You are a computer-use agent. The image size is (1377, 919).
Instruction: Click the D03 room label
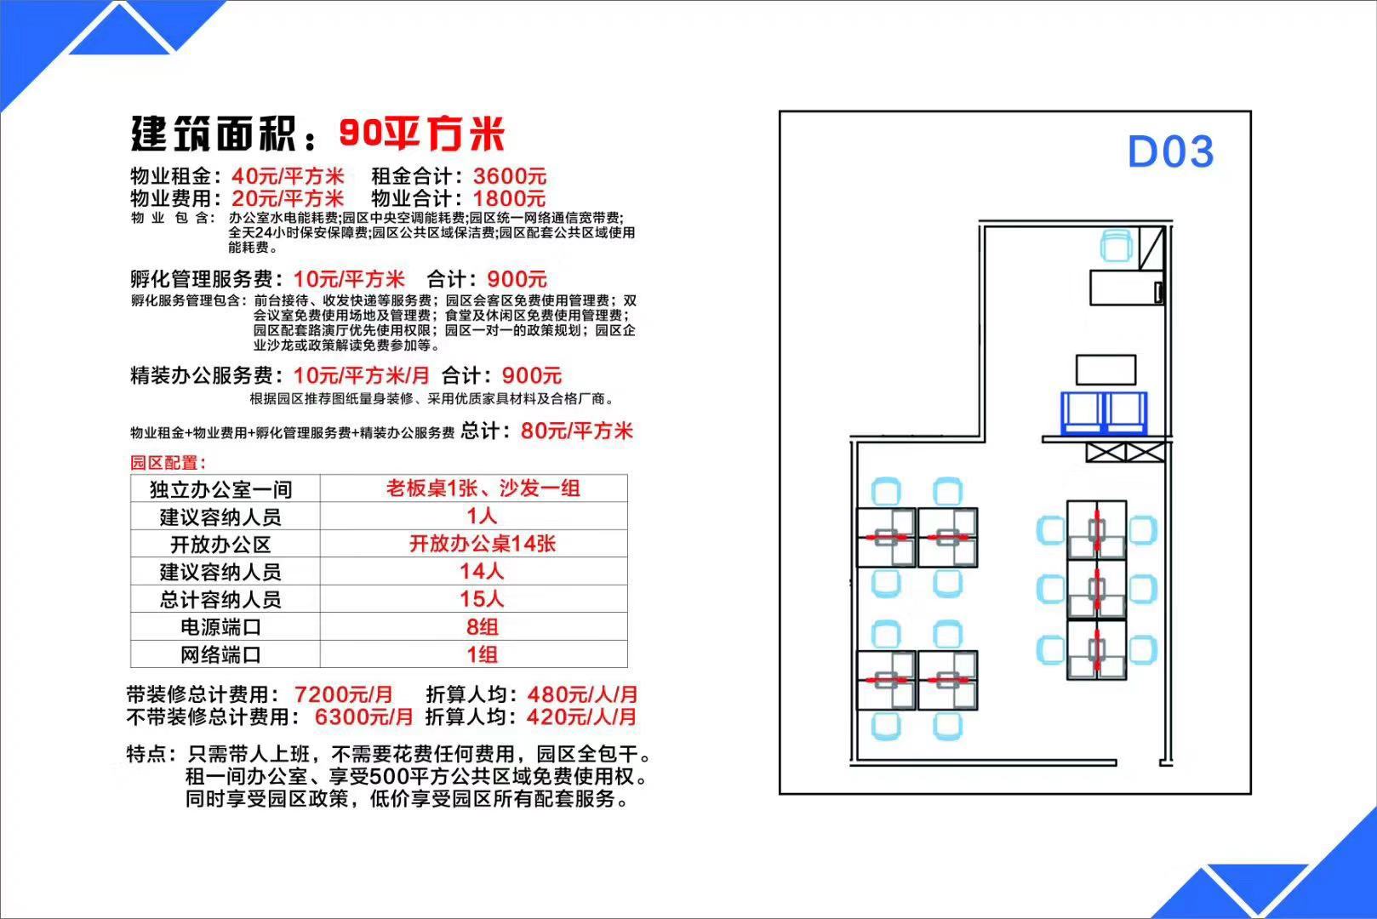(1170, 151)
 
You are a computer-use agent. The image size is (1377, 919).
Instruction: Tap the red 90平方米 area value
(421, 134)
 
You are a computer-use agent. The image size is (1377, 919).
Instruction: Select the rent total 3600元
(510, 176)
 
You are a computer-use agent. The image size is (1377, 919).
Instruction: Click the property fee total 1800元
(510, 198)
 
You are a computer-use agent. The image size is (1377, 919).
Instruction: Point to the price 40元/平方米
(287, 176)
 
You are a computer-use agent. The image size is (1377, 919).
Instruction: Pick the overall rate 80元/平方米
(577, 431)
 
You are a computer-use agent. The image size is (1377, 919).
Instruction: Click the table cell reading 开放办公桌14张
(483, 544)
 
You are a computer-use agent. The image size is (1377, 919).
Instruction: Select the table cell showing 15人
(482, 599)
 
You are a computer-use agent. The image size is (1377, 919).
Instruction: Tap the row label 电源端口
(220, 627)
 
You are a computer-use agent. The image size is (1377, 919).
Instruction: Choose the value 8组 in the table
(482, 627)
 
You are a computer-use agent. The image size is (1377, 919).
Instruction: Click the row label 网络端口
(220, 654)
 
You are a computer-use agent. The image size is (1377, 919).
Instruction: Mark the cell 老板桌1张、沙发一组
(483, 488)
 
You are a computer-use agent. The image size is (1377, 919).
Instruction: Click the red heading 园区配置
(168, 462)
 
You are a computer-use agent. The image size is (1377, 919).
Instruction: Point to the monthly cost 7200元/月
(344, 694)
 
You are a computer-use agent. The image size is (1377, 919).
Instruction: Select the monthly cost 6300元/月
(364, 716)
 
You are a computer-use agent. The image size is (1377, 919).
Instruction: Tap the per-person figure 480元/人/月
(582, 694)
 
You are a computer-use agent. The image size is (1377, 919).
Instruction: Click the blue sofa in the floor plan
(1104, 413)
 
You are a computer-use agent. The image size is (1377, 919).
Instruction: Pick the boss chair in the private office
(1117, 246)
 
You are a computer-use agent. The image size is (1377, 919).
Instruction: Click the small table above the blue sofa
(1106, 369)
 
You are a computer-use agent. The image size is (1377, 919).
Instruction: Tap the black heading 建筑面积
(214, 134)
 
